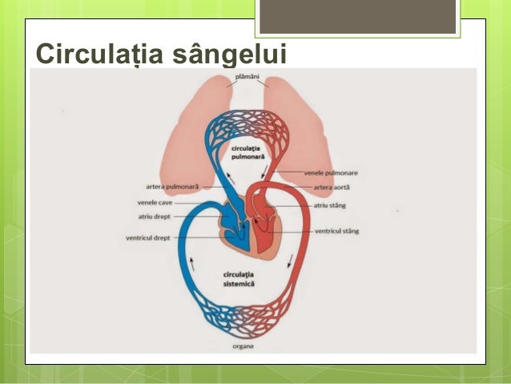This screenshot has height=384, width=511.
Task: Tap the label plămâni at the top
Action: [x=247, y=77]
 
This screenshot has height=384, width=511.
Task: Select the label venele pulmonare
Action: [x=331, y=172]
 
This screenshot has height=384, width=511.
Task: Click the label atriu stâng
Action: [x=328, y=205]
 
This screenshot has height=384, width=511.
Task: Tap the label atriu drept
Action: [x=155, y=216]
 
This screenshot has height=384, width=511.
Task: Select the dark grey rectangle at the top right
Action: [x=359, y=17]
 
